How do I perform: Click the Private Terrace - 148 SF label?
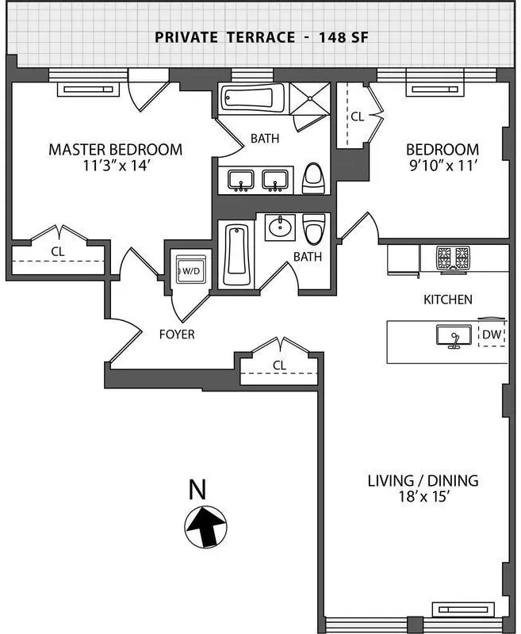(x=261, y=36)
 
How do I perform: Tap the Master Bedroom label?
(x=115, y=149)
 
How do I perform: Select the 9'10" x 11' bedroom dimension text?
(x=442, y=166)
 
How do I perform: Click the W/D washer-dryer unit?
(x=190, y=270)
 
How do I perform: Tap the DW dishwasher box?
(x=492, y=335)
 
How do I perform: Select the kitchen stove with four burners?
(x=451, y=257)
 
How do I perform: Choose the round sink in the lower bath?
(x=280, y=228)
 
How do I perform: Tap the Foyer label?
(x=175, y=334)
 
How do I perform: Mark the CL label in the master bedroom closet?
(x=57, y=251)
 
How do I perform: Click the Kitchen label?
(x=448, y=300)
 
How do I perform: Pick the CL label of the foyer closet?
(x=278, y=365)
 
